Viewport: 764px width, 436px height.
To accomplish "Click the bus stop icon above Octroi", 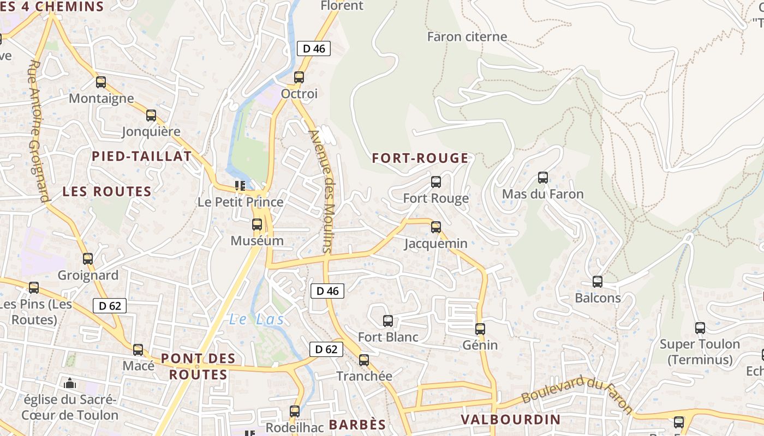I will click(x=299, y=77).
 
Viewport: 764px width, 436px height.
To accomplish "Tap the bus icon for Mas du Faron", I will click(x=542, y=178).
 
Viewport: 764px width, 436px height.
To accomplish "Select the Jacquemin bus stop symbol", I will click(x=435, y=227).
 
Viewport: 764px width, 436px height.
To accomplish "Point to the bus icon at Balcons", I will click(x=598, y=282).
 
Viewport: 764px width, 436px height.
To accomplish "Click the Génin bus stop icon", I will click(x=480, y=329).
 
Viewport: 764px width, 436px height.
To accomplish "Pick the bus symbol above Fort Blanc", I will click(x=388, y=321).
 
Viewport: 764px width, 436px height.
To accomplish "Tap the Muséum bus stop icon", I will click(x=257, y=225).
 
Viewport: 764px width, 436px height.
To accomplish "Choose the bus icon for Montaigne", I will click(x=101, y=82).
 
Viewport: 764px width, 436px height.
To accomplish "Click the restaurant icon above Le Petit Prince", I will click(x=240, y=186).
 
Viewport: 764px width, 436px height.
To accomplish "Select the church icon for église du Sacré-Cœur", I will click(x=69, y=383).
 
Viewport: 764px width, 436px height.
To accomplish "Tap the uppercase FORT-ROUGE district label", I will click(x=420, y=159).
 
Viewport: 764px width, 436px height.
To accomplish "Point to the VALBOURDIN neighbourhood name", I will click(x=511, y=420).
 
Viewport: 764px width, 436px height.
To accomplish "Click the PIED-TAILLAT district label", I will click(x=142, y=156).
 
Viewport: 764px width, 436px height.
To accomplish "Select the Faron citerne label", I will click(x=467, y=37).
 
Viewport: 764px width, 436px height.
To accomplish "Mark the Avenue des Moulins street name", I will click(x=324, y=191).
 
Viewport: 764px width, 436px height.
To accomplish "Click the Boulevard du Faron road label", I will click(x=577, y=394).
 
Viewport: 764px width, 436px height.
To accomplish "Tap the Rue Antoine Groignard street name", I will click(x=39, y=131).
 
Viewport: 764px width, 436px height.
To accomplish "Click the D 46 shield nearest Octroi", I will click(x=314, y=49).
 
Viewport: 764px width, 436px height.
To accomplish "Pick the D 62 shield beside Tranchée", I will click(x=326, y=349).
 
